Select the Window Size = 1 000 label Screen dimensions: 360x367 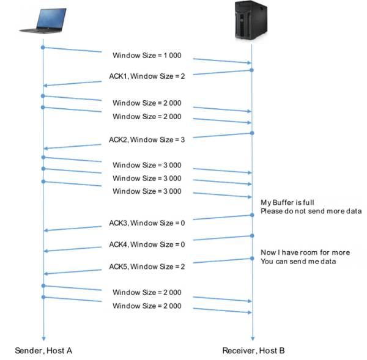tap(147, 56)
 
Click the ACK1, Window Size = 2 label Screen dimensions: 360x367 tap(147, 76)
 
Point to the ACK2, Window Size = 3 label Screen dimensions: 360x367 tap(147, 140)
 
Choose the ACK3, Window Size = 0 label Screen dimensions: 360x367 tap(147, 223)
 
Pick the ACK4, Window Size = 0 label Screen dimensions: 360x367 tap(147, 244)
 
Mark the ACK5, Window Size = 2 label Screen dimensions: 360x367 tap(147, 267)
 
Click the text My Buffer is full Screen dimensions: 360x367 tap(287, 202)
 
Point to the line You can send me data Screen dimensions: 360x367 tap(298, 262)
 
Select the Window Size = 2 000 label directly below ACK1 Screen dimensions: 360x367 tap(147, 103)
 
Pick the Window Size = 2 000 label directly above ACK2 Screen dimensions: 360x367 tap(147, 117)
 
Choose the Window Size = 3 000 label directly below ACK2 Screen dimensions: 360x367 tap(147, 166)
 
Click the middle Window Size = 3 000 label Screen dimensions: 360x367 tap(147, 178)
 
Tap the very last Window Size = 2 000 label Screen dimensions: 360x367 tap(147, 306)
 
